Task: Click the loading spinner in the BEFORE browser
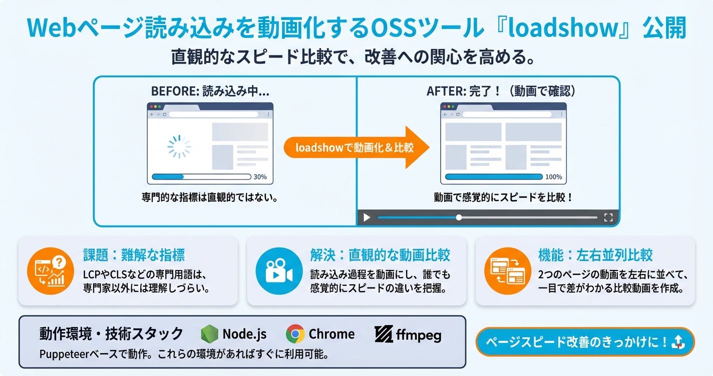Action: click(179, 146)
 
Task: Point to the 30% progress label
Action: click(260, 177)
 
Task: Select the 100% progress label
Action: click(553, 177)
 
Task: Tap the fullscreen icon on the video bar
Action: click(608, 217)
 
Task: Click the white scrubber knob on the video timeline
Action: click(459, 217)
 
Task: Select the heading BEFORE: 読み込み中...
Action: click(210, 91)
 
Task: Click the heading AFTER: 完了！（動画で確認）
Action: click(504, 91)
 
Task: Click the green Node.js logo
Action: click(209, 334)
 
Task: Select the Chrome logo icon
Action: click(295, 334)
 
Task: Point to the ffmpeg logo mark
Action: click(384, 334)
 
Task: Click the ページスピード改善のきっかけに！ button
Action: click(585, 342)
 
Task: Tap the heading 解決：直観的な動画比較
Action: click(380, 255)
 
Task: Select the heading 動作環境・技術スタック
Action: click(111, 333)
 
